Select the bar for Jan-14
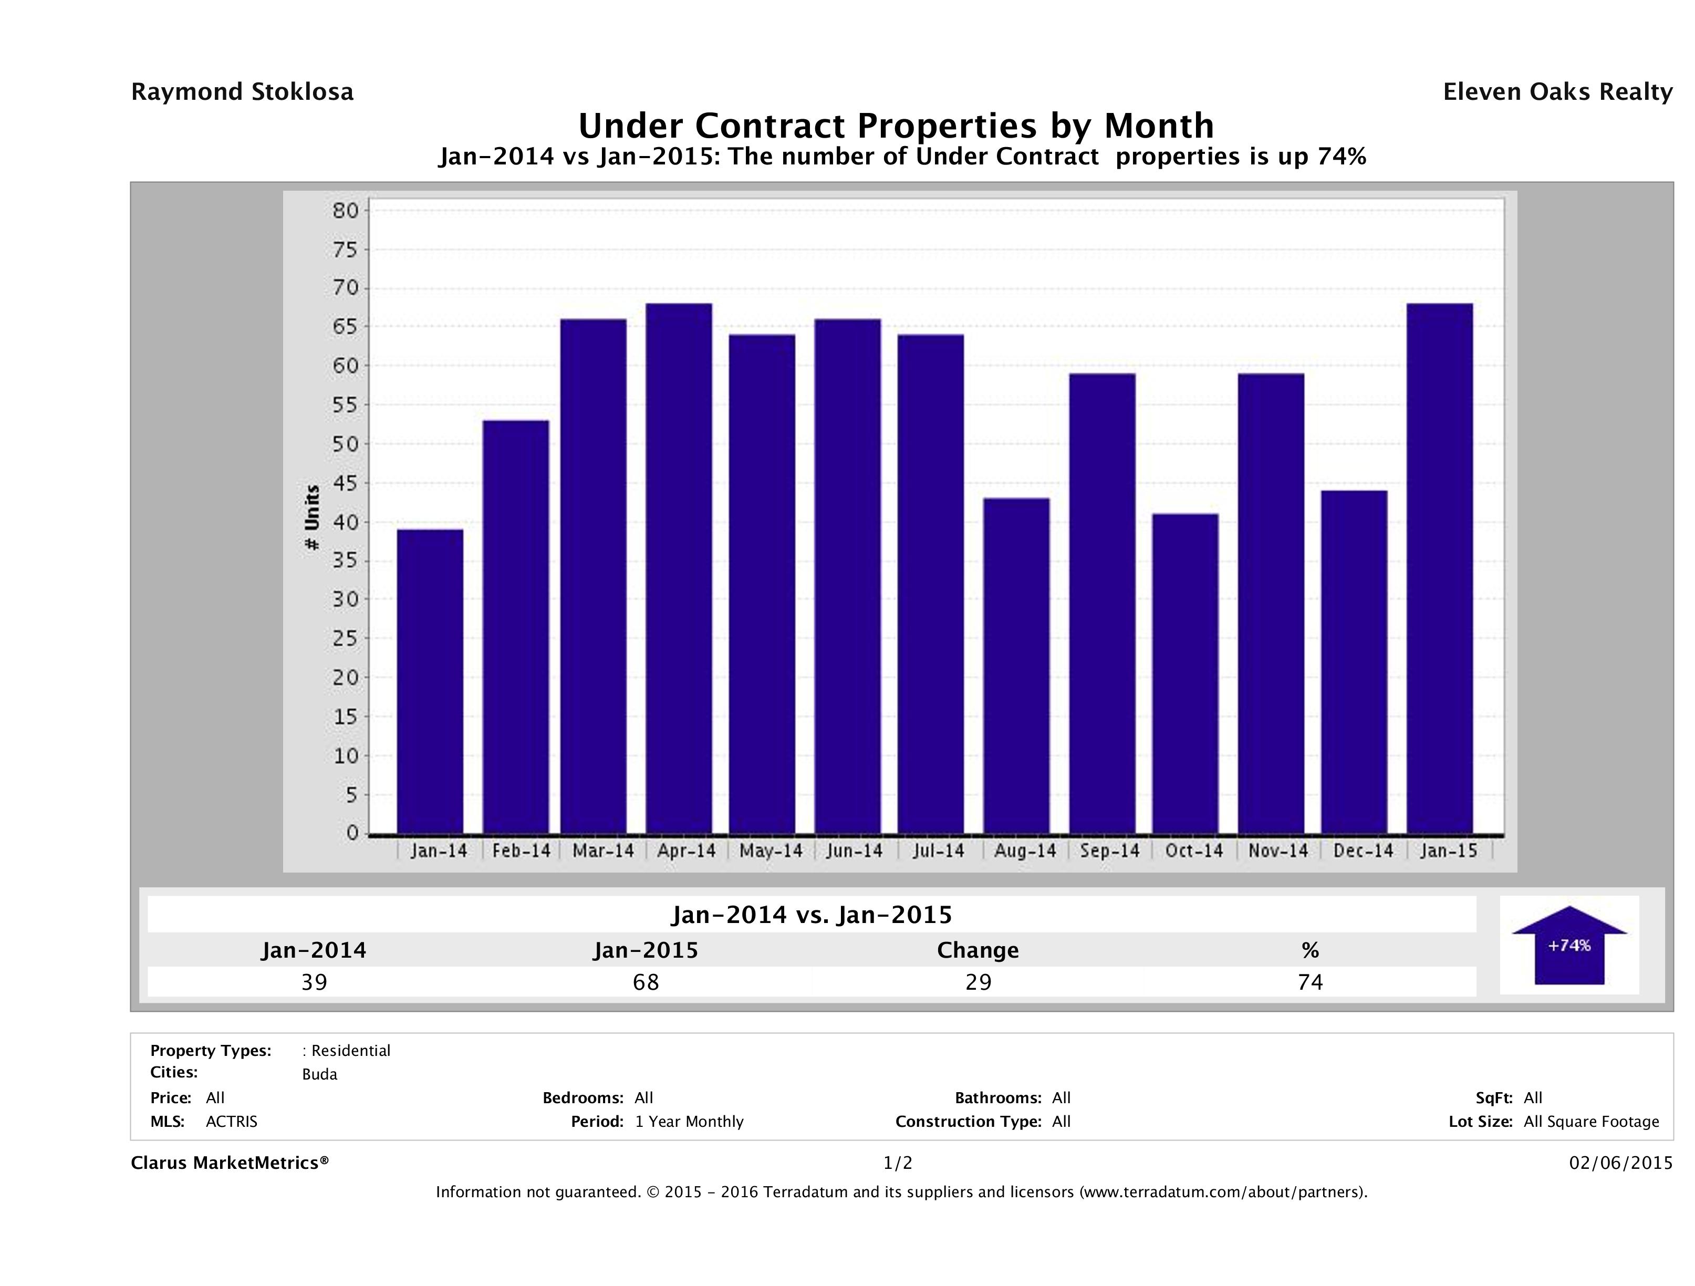(430, 681)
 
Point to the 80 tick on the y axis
(346, 211)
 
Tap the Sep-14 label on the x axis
(1109, 851)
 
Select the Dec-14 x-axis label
(1363, 851)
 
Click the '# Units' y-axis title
(312, 518)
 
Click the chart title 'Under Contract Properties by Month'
(895, 126)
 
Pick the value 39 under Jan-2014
(314, 982)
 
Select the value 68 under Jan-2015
(646, 982)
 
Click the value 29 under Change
(979, 982)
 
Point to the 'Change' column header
(978, 950)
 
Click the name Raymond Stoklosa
(242, 92)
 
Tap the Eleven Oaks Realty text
(1557, 92)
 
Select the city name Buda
(319, 1074)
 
